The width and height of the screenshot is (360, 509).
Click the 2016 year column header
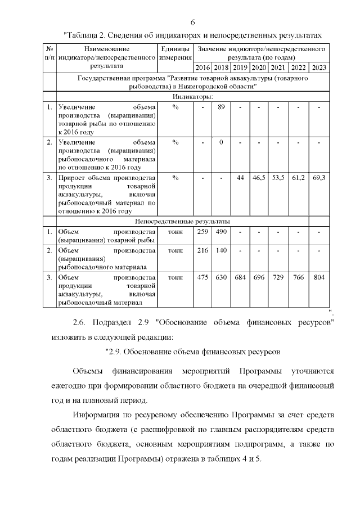[x=202, y=68]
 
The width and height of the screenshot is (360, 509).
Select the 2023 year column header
[x=319, y=68]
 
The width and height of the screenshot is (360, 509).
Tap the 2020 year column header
[x=259, y=68]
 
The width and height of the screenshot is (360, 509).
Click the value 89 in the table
[x=222, y=107]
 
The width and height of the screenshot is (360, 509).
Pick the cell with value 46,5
[x=259, y=178]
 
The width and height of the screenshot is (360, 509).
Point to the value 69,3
[x=319, y=178]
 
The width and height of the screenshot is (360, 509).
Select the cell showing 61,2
[x=298, y=178]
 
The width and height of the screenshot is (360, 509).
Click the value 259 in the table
[x=202, y=232]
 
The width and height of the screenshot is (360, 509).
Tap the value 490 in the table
[x=222, y=232]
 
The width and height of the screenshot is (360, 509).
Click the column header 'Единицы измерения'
[x=175, y=53]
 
